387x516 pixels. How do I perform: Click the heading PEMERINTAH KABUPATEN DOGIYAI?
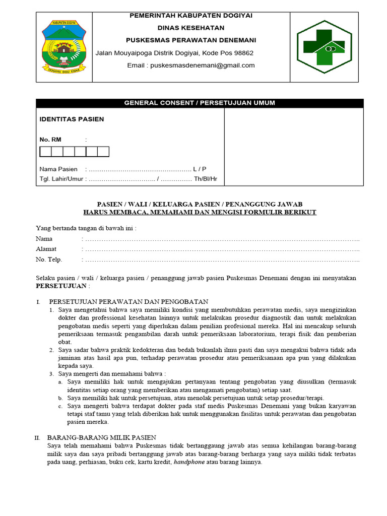[191, 16]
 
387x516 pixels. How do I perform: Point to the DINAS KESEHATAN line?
[191, 28]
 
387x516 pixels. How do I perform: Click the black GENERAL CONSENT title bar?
[200, 103]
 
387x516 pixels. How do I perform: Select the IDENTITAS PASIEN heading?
[72, 119]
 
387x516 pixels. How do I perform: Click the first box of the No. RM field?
[45, 152]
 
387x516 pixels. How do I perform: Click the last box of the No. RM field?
[103, 152]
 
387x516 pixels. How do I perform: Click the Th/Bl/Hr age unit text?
[206, 179]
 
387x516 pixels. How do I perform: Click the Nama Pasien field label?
[58, 169]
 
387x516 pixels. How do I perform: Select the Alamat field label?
[46, 249]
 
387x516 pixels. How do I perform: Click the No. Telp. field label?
[49, 260]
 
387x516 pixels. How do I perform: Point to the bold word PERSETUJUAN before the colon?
[60, 286]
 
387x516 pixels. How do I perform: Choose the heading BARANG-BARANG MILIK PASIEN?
[101, 438]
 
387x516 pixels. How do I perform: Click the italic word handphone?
[189, 462]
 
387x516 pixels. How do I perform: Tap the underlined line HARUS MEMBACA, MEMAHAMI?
[200, 212]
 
